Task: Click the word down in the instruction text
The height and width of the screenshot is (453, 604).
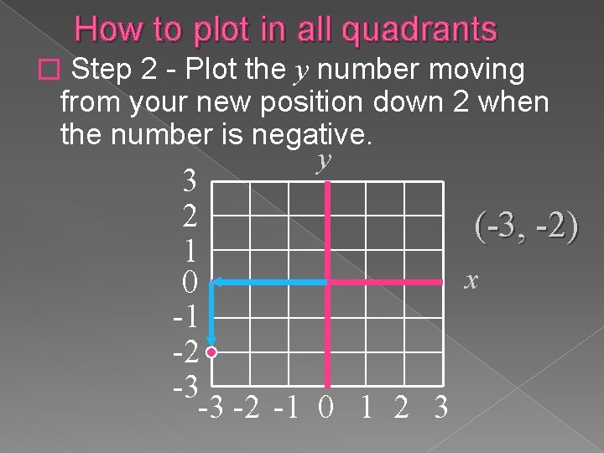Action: point(417,102)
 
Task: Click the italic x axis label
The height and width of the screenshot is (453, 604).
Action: point(472,279)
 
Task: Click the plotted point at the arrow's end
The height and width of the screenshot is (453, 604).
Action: point(211,353)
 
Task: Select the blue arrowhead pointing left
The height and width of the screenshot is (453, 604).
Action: point(215,283)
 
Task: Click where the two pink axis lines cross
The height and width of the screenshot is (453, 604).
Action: point(328,283)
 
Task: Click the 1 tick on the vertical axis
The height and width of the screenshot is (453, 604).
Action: point(190,250)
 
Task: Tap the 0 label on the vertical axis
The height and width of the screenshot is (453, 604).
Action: point(190,284)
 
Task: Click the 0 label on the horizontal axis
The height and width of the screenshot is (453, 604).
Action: point(326,408)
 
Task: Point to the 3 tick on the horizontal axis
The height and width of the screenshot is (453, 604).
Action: point(440,408)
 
